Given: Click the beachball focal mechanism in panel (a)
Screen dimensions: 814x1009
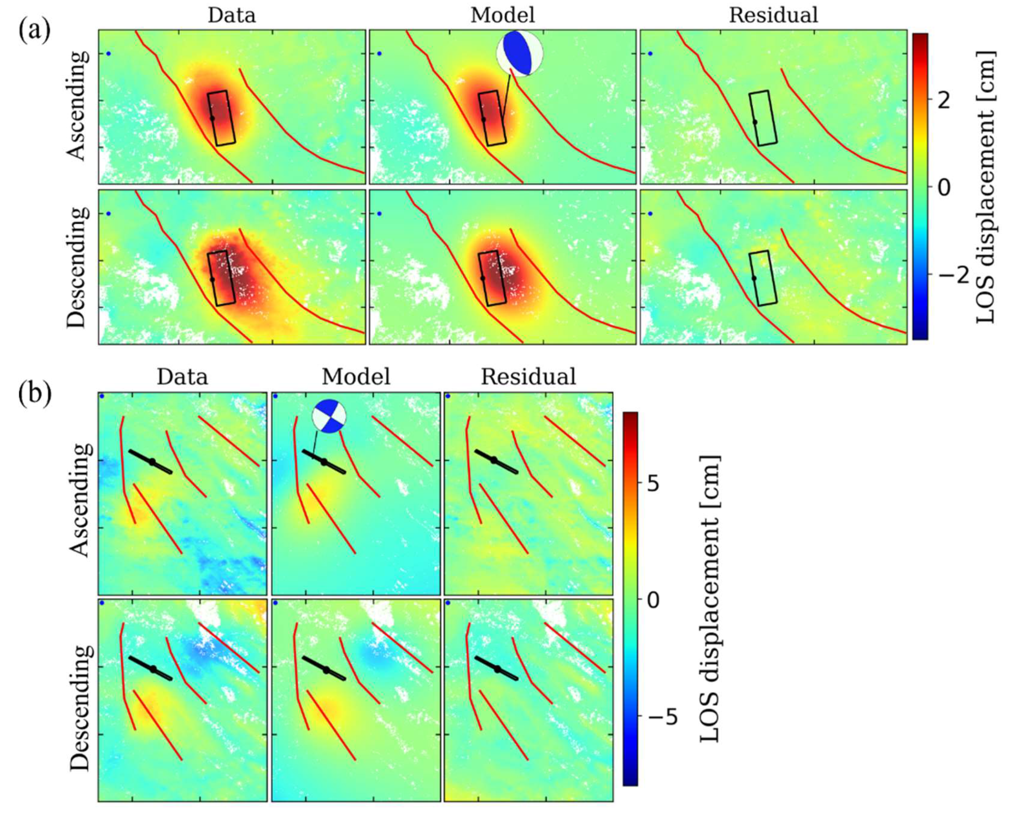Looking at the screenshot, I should coord(519,53).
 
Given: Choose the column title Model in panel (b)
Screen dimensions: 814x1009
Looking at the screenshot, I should coord(356,376).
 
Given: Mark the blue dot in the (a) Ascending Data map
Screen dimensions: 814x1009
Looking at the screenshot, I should coord(108,53).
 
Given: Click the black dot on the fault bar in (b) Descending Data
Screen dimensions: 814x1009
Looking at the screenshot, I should coord(153,669).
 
